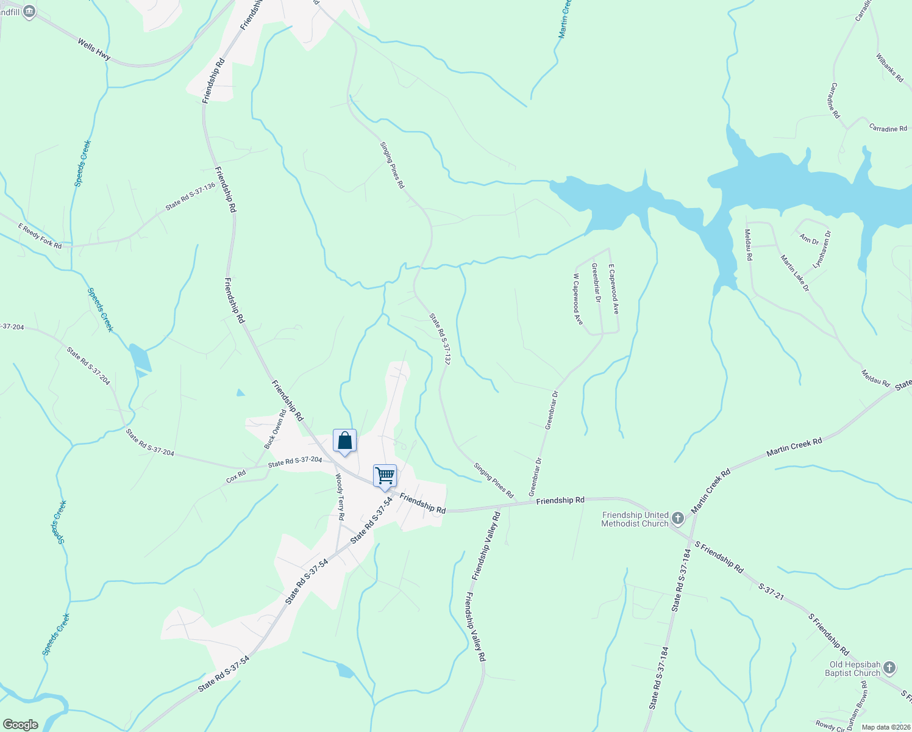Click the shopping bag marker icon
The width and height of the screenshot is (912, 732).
coord(344,440)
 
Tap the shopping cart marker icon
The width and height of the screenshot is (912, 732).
coord(385,476)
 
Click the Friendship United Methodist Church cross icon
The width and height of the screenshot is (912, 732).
coord(677,519)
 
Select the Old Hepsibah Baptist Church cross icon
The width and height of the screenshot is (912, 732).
coord(889,668)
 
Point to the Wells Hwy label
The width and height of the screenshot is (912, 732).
coord(94,49)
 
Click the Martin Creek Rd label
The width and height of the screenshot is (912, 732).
coord(794,447)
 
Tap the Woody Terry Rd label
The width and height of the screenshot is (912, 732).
coord(340,498)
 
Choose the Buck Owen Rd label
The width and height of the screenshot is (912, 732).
coord(275,429)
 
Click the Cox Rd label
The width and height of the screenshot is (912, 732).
coord(236,476)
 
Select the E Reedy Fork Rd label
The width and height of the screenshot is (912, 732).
coord(40,236)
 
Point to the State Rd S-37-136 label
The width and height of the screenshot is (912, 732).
coord(190,196)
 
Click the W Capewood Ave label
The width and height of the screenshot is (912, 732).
coord(577,299)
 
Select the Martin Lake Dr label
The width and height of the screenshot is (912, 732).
coord(795,273)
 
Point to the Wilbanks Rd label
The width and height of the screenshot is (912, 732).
coord(889,68)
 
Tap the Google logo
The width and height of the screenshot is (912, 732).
coord(20,725)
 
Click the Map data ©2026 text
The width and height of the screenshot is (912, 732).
coord(885,727)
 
